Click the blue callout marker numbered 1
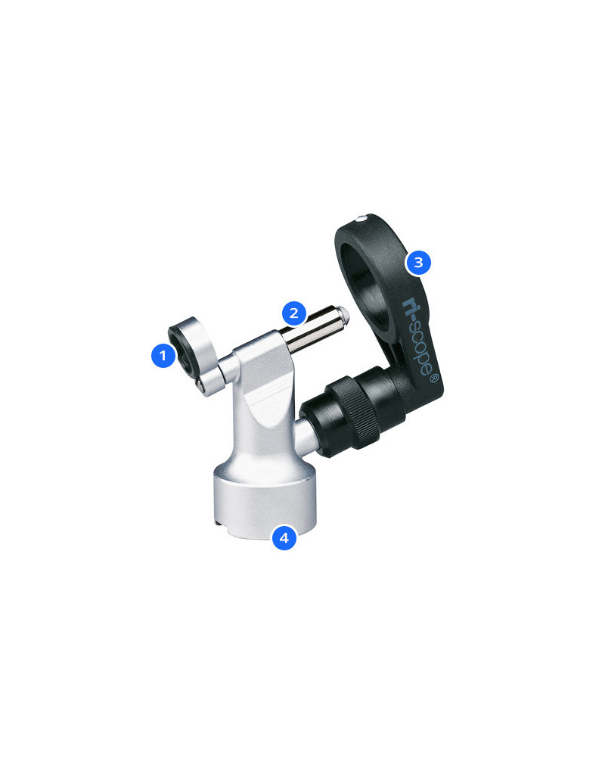(163, 355)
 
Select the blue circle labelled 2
(294, 313)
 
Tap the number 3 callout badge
(417, 263)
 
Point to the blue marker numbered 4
(284, 538)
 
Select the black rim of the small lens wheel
(180, 348)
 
